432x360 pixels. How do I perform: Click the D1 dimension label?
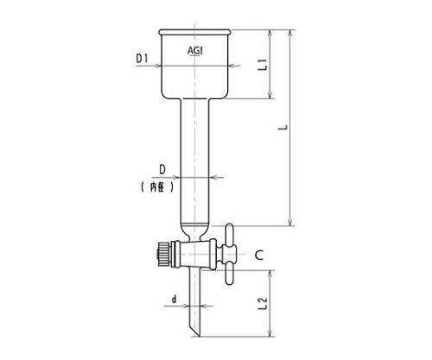142,59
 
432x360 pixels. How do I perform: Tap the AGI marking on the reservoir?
195,51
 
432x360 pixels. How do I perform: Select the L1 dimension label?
263,65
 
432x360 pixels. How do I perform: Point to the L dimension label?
284,127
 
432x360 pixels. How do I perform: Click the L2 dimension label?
263,303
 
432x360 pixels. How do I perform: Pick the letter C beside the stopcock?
259,255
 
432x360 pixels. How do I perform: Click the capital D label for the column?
162,170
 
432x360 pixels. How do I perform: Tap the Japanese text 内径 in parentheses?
157,187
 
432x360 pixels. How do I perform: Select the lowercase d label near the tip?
174,300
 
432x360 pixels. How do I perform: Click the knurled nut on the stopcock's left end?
164,255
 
